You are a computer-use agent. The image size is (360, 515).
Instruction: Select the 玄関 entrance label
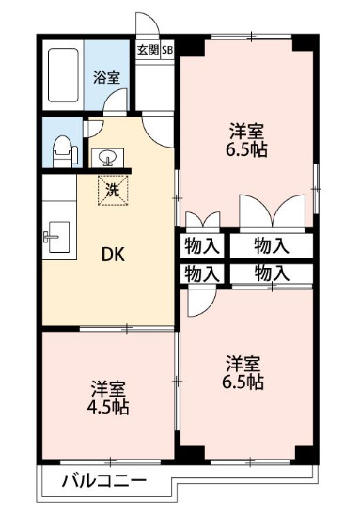click(x=148, y=50)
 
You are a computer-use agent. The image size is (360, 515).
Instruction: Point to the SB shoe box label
click(x=166, y=50)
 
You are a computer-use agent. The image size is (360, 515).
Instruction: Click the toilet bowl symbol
click(x=63, y=149)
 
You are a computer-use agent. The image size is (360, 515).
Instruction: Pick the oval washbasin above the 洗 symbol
click(x=106, y=156)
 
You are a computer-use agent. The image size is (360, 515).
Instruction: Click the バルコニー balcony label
click(x=104, y=482)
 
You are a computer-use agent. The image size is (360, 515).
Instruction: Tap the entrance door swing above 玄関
click(x=147, y=25)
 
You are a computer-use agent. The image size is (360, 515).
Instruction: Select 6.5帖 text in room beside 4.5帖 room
click(x=243, y=382)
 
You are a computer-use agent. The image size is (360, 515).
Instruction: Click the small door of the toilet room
click(x=91, y=131)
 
